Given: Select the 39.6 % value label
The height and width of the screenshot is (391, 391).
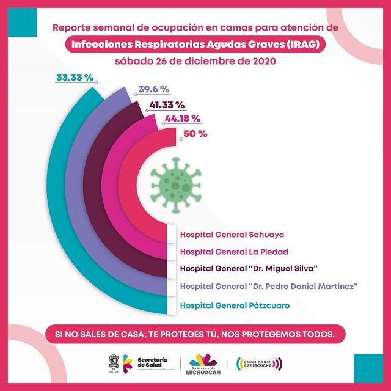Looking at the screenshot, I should (x=153, y=89).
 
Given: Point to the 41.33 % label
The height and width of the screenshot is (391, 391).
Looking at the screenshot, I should (x=170, y=105).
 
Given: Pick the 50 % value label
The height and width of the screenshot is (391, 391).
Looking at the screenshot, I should (x=195, y=133).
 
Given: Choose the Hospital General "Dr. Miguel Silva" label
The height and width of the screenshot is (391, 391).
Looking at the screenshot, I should (x=250, y=268).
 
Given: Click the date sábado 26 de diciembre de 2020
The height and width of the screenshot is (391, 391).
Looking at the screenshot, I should (x=195, y=61).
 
